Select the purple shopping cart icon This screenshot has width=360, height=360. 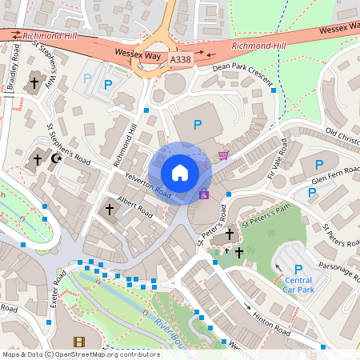pos(223,154)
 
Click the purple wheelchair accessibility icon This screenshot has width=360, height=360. pos(203,193)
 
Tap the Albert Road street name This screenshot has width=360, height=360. pos(134,205)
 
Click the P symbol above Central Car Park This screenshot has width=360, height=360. pos(298,269)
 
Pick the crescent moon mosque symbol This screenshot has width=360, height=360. pos(56,159)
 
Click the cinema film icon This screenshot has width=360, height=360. pos(78,342)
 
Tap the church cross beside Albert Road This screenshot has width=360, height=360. pos(110,210)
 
